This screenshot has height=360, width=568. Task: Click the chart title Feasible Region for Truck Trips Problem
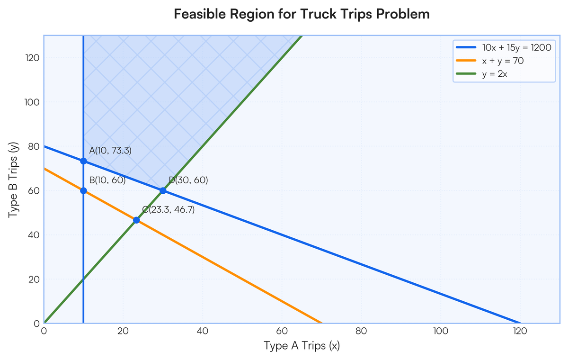[x=302, y=14]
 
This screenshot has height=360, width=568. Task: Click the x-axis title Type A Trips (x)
[x=302, y=345]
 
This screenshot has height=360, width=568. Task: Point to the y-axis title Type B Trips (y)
[x=13, y=180]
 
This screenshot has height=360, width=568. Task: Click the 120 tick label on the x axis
[x=520, y=331]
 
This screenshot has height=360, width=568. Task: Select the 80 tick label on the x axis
[x=361, y=331]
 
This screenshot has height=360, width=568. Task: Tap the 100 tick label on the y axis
[x=32, y=102]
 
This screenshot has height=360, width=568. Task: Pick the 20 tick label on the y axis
[x=34, y=279]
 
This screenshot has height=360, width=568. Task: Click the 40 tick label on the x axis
[x=203, y=331]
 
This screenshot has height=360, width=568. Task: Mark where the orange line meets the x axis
[x=321, y=323]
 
